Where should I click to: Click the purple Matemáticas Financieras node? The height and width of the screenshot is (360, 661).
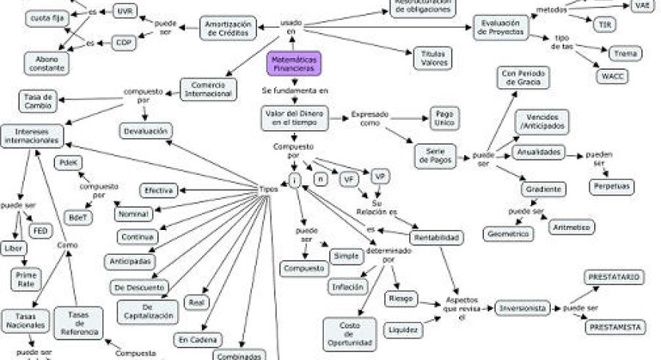tap(295, 63)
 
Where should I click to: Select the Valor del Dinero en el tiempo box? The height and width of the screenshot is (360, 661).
tap(293, 118)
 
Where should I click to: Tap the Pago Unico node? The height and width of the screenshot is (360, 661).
tap(444, 120)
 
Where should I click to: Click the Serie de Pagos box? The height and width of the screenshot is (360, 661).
tap(436, 156)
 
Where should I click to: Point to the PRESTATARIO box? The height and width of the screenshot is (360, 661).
tap(614, 277)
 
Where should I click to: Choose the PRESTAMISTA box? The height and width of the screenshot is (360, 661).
tap(615, 327)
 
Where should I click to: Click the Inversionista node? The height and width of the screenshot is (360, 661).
tap(521, 309)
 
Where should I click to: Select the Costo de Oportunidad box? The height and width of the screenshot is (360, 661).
tap(349, 334)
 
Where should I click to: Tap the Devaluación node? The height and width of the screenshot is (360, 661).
tap(146, 131)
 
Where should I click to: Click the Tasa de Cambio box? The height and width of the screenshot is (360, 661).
tap(36, 101)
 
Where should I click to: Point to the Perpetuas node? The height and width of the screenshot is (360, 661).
tap(610, 186)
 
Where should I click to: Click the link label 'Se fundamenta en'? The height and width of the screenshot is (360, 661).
tap(295, 90)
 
